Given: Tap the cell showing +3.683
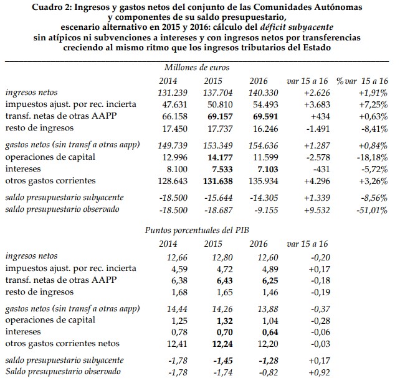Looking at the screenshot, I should pos(305,104).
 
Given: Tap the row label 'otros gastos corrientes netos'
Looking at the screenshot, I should pos(65,343).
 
